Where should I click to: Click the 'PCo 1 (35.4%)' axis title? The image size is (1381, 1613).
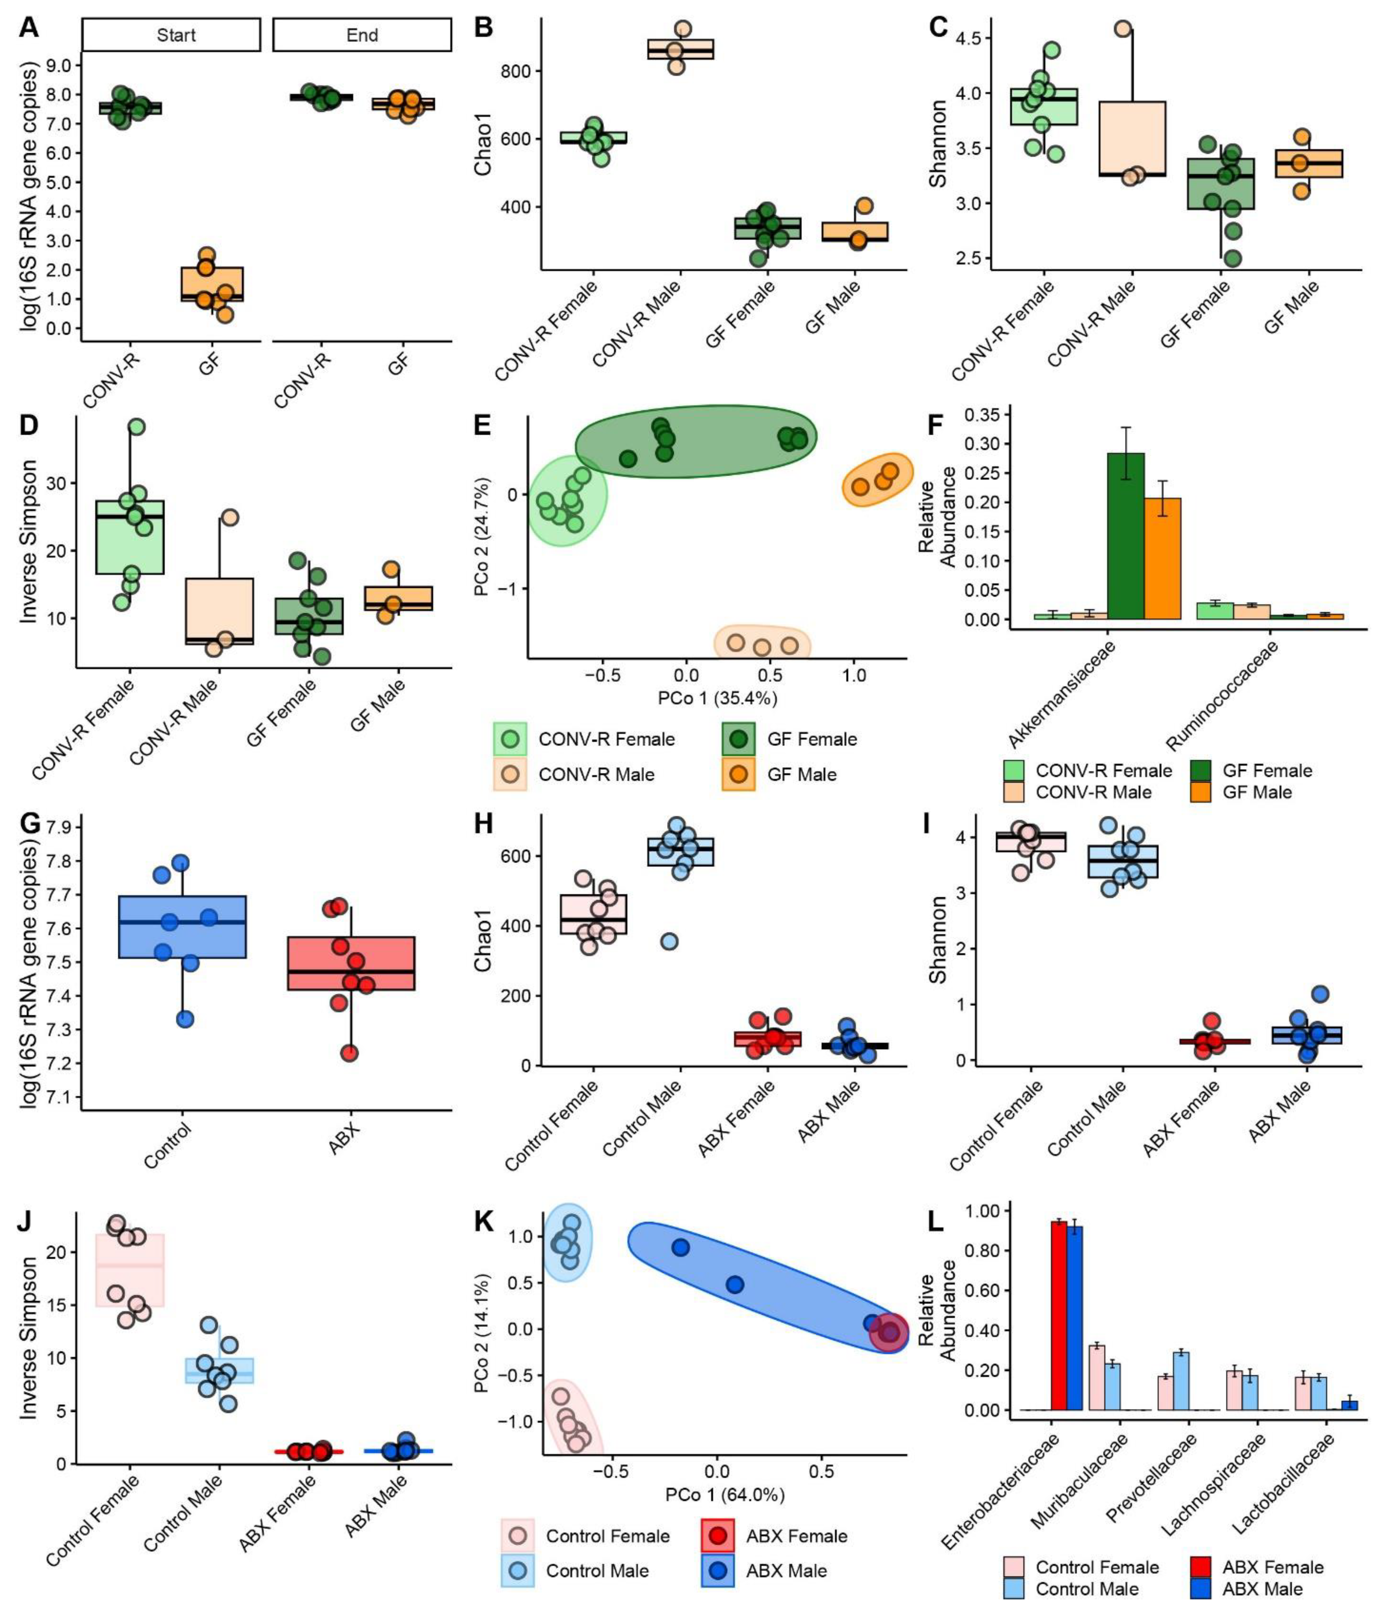point(717,698)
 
